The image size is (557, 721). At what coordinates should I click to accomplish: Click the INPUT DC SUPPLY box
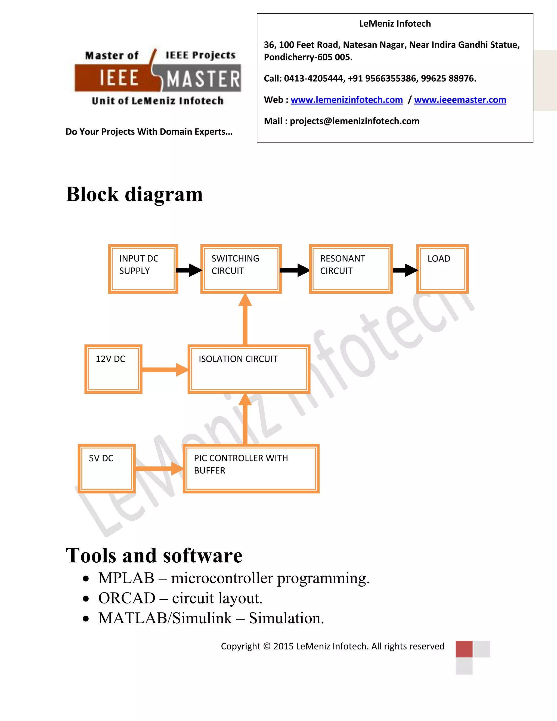143,269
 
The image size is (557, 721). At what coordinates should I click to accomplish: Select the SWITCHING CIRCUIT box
241,269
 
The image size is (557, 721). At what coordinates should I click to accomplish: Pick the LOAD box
442,269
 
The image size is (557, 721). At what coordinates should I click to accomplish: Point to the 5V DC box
106,468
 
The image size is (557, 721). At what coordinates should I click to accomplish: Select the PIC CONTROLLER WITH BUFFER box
251,468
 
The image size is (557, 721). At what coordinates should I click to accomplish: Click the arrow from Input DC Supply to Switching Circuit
189,270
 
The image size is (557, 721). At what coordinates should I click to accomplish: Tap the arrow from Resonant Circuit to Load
405,270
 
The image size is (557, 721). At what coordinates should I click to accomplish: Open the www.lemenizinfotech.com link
346,100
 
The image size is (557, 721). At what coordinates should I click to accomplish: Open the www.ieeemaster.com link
460,100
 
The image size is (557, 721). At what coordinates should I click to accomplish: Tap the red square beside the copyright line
464,649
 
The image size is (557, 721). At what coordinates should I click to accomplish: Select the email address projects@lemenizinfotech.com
354,121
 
